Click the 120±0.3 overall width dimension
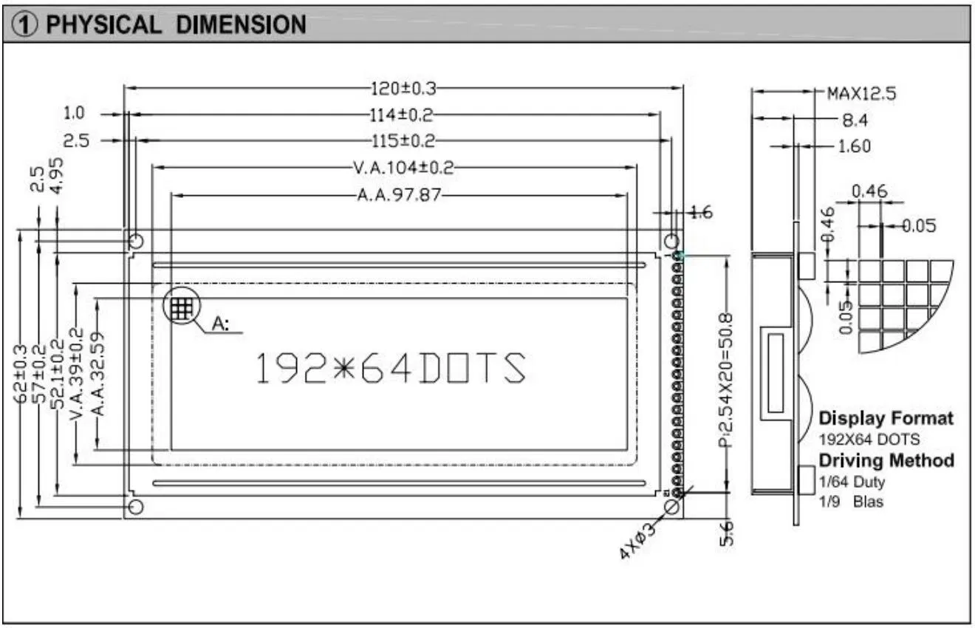tap(403, 89)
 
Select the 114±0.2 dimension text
tap(401, 115)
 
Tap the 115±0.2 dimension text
tap(403, 141)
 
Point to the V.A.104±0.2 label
tap(403, 168)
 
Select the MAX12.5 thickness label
tap(861, 93)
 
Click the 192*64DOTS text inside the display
tap(391, 369)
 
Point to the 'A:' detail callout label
tap(222, 324)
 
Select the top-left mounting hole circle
tap(136, 242)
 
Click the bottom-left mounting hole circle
tap(136, 506)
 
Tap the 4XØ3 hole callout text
tap(637, 540)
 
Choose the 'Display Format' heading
tap(886, 418)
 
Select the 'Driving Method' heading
tap(886, 460)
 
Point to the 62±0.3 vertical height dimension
tap(21, 374)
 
